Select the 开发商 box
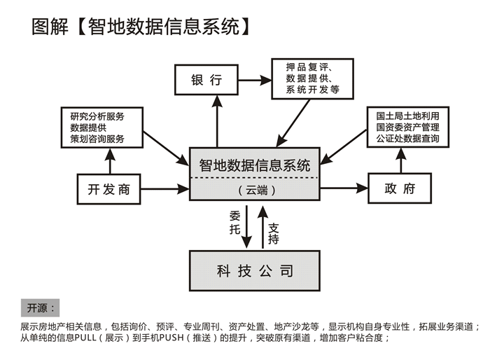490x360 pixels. point(108,188)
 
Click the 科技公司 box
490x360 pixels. point(255,270)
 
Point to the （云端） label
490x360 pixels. point(255,190)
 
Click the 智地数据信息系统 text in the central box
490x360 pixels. point(255,166)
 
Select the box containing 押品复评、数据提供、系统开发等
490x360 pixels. point(313,78)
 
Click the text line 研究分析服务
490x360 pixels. point(97,116)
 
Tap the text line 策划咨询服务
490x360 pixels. point(97,139)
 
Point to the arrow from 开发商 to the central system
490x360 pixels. point(165,188)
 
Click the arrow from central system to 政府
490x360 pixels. point(344,188)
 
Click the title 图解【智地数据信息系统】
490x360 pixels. point(141,27)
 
